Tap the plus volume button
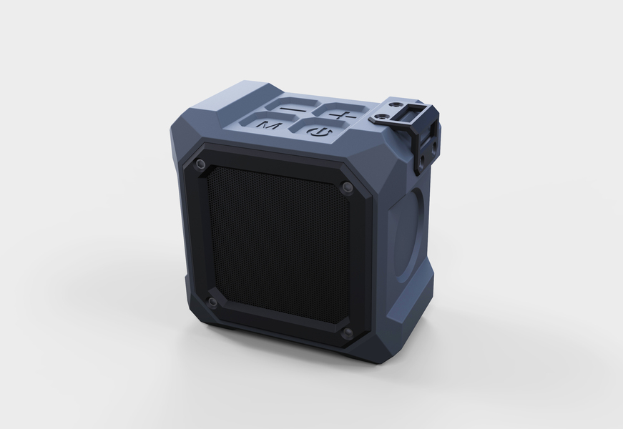pyautogui.click(x=342, y=112)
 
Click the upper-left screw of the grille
pyautogui.click(x=200, y=163)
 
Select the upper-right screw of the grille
pyautogui.click(x=348, y=187)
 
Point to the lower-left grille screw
pyautogui.click(x=212, y=302)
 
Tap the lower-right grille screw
pyautogui.click(x=348, y=332)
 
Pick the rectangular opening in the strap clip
pyautogui.click(x=408, y=114)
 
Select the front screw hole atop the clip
pyautogui.click(x=383, y=117)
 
